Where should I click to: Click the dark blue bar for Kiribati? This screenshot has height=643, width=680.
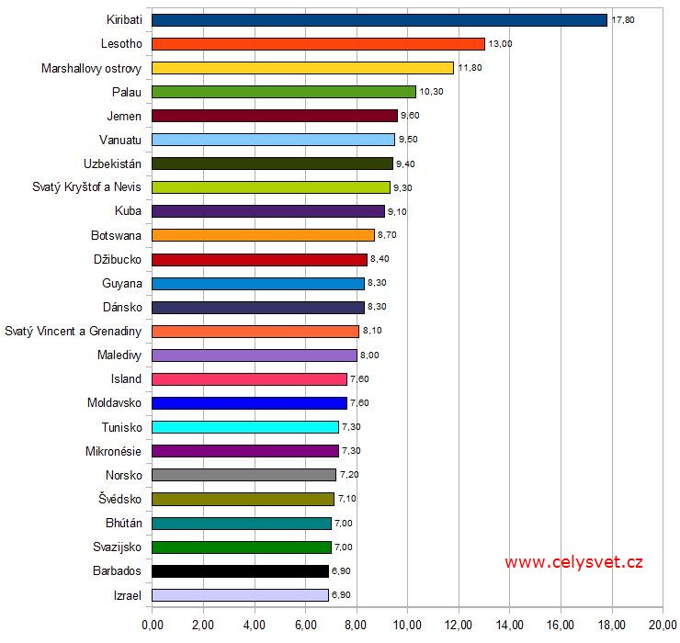(x=379, y=19)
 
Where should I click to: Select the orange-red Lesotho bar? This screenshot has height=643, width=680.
(x=318, y=43)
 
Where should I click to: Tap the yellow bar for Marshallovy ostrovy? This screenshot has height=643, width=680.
(x=302, y=67)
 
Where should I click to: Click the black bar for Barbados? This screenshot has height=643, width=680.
(x=240, y=570)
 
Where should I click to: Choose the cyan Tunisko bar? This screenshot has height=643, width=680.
(x=244, y=427)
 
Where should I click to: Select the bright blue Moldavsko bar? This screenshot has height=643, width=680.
(x=249, y=402)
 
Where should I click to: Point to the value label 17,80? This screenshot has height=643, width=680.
(x=622, y=19)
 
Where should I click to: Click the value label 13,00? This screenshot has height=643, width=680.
(x=500, y=43)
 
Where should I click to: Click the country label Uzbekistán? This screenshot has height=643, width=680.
(x=112, y=164)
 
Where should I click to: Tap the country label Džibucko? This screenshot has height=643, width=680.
(x=118, y=259)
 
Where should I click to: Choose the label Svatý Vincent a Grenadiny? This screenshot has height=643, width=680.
(x=74, y=331)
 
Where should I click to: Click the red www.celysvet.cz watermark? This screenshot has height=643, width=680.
(x=573, y=562)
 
